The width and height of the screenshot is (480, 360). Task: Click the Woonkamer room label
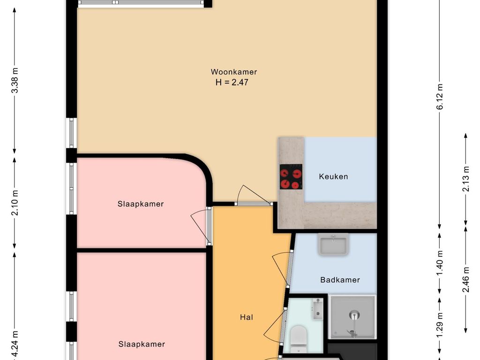point(234,72)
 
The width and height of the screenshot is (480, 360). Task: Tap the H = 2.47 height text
point(232,82)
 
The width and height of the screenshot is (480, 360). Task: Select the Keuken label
point(333,177)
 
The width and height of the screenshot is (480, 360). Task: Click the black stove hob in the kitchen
point(291,177)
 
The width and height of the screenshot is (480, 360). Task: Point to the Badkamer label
point(340,280)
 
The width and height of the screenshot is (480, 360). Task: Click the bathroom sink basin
point(333,244)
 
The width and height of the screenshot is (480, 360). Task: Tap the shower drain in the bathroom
point(354,315)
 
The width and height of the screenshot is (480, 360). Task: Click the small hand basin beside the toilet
point(318,309)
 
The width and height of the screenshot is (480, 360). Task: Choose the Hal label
point(247,317)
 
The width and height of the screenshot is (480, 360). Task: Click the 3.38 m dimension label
point(15,80)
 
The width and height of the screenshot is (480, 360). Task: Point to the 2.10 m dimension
point(15,202)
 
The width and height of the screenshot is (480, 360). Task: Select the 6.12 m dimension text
point(440,97)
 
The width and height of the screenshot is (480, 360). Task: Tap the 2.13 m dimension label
point(465,179)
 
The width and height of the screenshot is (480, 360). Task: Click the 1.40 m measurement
point(440,262)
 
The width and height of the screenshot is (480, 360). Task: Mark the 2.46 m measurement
point(465,279)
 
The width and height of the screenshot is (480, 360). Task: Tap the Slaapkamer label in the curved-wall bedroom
point(141,204)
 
